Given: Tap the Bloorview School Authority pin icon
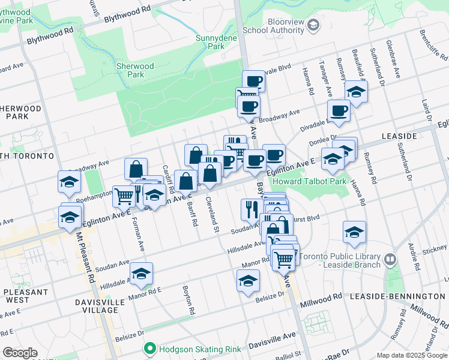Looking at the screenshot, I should click(313, 25).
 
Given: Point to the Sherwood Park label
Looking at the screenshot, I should click(136, 70).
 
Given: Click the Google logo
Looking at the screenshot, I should click(20, 353).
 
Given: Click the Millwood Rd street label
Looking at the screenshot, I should click(322, 297).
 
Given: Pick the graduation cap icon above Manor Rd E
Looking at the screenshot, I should click(142, 274).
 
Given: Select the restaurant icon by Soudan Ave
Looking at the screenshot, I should click(250, 209).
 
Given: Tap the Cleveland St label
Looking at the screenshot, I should click(211, 211).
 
